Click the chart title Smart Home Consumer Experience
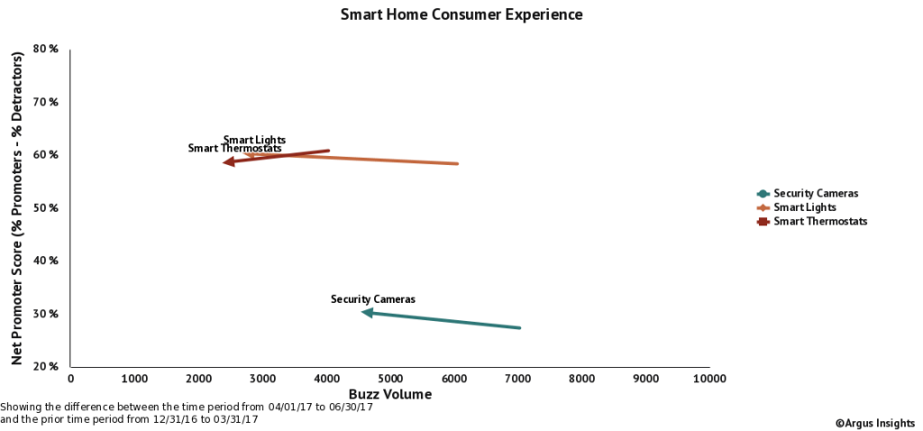(x=461, y=15)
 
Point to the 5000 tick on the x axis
(x=390, y=380)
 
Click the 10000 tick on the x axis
(x=708, y=380)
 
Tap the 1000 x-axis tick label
(x=134, y=380)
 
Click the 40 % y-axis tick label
(x=46, y=261)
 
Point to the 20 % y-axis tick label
(x=46, y=366)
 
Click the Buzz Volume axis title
(x=389, y=395)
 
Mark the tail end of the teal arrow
(x=519, y=328)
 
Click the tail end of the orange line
(x=458, y=164)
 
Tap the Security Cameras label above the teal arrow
(x=372, y=298)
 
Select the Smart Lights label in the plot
(x=253, y=140)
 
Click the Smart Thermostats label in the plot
(x=234, y=149)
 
